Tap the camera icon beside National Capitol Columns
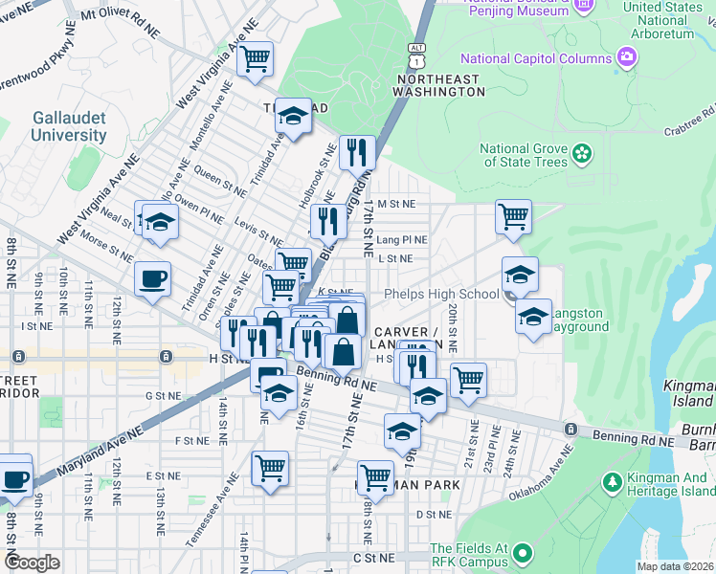pyautogui.click(x=627, y=58)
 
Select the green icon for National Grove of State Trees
pyautogui.click(x=581, y=154)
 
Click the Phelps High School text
pyautogui.click(x=440, y=295)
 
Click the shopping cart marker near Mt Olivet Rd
pyautogui.click(x=255, y=59)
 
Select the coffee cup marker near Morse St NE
pyautogui.click(x=153, y=279)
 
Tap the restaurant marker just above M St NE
pyautogui.click(x=357, y=151)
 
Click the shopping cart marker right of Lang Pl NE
pyautogui.click(x=514, y=216)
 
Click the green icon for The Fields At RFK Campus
pyautogui.click(x=522, y=554)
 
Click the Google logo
pyautogui.click(x=31, y=562)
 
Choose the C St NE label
pyautogui.click(x=373, y=558)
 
